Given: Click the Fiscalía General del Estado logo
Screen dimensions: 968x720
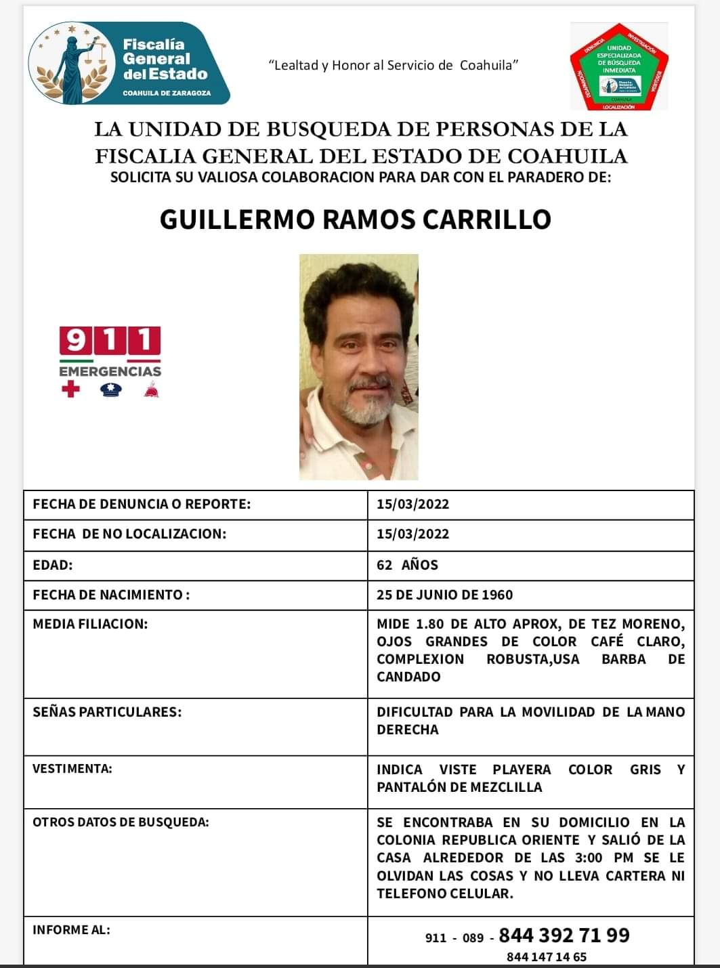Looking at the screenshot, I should (x=129, y=64).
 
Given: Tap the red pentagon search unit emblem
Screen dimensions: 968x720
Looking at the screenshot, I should (x=619, y=67).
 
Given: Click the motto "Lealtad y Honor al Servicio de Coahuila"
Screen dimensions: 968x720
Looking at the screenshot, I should (x=394, y=65).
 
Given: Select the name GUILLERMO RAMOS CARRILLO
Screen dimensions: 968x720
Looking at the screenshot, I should (x=355, y=219).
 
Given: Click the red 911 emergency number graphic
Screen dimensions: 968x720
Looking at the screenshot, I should (x=110, y=340).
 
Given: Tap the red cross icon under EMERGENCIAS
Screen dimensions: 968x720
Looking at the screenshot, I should (x=70, y=390).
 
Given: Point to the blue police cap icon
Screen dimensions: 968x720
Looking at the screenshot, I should (x=110, y=390).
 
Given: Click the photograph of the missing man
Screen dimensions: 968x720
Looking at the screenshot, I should (x=358, y=366).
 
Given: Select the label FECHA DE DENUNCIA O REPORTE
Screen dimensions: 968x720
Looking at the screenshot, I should (x=142, y=504).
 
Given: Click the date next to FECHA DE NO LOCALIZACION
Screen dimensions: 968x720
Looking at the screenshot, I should (x=412, y=534).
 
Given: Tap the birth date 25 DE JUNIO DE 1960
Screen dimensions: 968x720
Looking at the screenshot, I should (x=444, y=595).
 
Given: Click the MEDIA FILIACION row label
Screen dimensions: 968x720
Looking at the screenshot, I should (x=90, y=624).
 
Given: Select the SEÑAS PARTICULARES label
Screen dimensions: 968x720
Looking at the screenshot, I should (x=107, y=712).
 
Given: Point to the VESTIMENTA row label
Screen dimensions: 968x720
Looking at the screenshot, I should (x=72, y=769).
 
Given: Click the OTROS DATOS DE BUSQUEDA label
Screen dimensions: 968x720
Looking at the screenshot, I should (x=121, y=822).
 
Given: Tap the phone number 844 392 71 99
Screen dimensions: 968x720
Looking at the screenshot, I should (x=564, y=935).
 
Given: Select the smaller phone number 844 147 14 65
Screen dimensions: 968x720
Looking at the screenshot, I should (x=546, y=957).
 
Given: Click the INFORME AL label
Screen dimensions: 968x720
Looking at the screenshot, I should (x=71, y=929).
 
